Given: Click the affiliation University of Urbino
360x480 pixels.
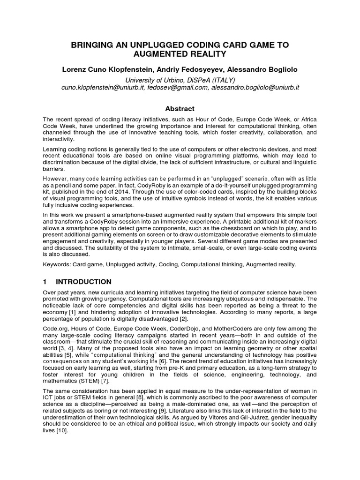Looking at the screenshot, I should click(x=158, y=80).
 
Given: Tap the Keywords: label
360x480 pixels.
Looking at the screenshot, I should click(x=59, y=264).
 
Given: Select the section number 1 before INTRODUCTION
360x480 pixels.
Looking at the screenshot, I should click(x=45, y=282).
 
